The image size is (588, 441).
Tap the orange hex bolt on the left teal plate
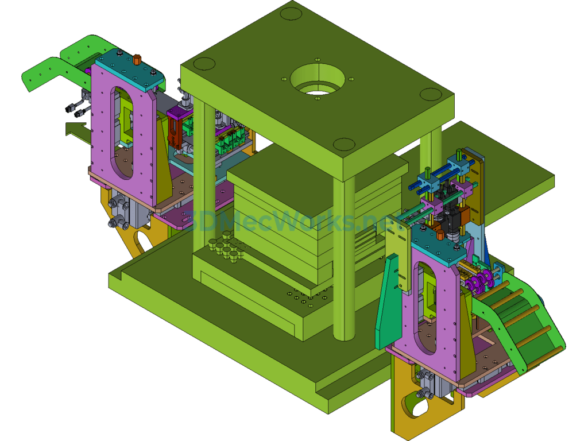coord(137,60)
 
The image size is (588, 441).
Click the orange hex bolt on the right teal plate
coord(440,235)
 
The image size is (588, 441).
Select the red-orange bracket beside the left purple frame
coord(175,133)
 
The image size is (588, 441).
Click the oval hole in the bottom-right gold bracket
coord(416,407)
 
